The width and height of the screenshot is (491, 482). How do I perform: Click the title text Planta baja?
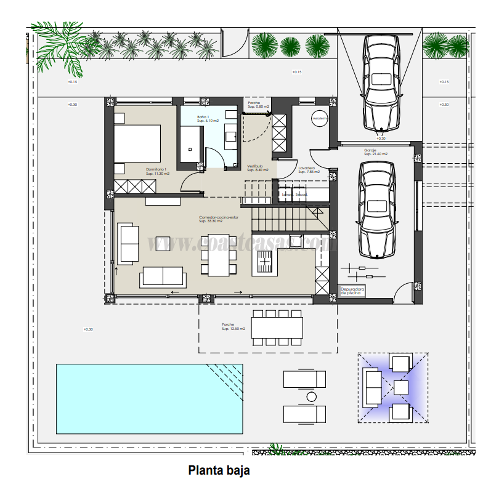(219, 470)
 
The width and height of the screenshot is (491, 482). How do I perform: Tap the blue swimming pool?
(148, 398)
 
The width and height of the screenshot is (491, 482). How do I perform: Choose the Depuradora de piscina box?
(352, 291)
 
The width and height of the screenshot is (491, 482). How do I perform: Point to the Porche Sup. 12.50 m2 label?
(233, 327)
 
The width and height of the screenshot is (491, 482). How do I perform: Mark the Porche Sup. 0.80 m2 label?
(259, 105)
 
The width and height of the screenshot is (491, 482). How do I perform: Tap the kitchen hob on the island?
(264, 263)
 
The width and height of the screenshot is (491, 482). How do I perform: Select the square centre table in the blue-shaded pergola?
(401, 387)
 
